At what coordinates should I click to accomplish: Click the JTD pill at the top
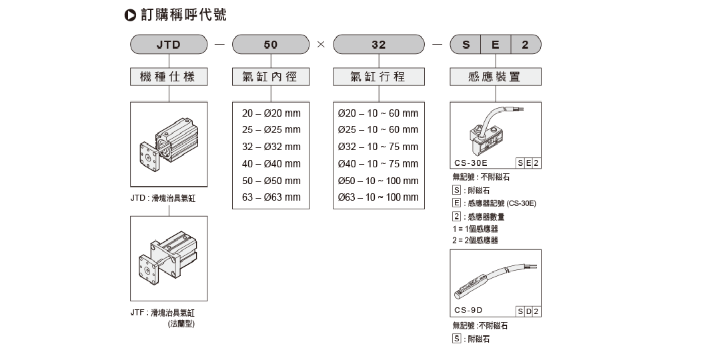click(169, 45)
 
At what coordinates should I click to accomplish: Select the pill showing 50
click(271, 45)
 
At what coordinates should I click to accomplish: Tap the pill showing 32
click(378, 45)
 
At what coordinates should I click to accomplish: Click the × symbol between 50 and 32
click(321, 44)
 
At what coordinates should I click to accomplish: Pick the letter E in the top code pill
click(496, 45)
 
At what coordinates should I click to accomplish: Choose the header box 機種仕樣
click(169, 77)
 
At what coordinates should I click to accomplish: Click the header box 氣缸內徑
click(271, 77)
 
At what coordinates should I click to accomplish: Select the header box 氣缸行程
click(378, 77)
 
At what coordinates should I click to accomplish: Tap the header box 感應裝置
click(496, 77)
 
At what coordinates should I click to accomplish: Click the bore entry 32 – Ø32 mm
click(271, 147)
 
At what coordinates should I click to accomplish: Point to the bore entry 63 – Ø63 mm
click(271, 197)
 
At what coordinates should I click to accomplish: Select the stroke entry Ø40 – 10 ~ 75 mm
click(378, 163)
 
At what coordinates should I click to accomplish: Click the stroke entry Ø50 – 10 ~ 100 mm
click(378, 181)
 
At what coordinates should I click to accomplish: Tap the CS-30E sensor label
click(471, 163)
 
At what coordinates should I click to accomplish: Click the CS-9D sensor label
click(468, 310)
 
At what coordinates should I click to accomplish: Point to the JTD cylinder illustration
click(169, 145)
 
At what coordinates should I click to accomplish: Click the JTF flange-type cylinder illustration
click(168, 259)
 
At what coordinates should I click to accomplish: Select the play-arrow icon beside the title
click(131, 15)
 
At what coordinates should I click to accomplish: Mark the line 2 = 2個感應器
click(475, 240)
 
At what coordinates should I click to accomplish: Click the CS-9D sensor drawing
click(495, 280)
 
